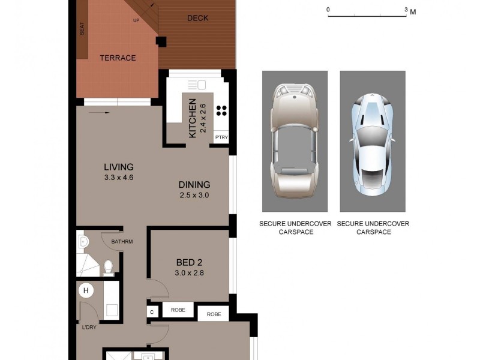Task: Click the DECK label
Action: click(x=197, y=18)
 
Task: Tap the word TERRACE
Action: click(x=118, y=58)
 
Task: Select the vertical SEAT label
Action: click(x=82, y=29)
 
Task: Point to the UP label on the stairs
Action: click(x=136, y=20)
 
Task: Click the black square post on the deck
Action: click(x=161, y=41)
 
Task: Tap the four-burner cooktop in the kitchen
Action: click(x=221, y=110)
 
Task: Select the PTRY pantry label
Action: click(x=221, y=137)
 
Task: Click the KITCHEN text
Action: click(x=193, y=118)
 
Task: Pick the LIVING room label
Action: click(x=118, y=167)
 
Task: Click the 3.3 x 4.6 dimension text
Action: click(x=118, y=177)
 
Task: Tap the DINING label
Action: click(x=194, y=185)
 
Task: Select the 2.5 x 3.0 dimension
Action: click(x=194, y=195)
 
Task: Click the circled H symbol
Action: click(x=86, y=291)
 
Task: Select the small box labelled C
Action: click(x=152, y=311)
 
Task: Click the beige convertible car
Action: click(x=294, y=141)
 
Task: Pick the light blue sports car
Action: click(x=372, y=141)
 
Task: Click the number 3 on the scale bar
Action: click(x=406, y=10)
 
